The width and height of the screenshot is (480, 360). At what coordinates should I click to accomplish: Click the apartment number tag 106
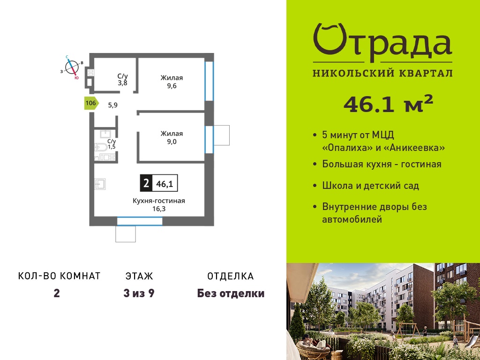91,103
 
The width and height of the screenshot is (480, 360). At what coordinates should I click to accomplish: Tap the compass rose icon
72,67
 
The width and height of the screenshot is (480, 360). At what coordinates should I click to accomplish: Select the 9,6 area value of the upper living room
172,86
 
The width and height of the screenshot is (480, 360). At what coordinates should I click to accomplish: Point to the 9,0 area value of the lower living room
172,142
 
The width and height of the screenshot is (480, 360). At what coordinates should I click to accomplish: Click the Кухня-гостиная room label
159,201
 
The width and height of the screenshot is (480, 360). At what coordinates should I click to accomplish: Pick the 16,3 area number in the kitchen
159,209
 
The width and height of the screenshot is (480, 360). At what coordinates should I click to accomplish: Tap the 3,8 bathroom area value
122,82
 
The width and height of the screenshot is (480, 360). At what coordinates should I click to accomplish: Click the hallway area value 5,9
112,105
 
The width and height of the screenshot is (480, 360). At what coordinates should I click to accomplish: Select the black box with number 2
146,183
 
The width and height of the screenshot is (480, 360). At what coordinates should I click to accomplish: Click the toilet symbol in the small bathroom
101,148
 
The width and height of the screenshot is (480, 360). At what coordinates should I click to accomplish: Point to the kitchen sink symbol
100,184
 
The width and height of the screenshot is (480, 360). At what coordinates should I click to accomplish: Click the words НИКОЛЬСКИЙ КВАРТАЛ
382,73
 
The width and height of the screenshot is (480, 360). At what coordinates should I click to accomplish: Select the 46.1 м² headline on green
388,104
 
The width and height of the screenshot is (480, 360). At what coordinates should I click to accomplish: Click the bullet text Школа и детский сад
370,186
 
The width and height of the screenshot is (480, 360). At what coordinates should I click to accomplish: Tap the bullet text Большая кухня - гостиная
382,164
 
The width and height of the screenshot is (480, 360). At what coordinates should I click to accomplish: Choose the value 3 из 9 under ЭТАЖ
139,293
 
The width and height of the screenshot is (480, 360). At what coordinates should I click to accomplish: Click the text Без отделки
231,293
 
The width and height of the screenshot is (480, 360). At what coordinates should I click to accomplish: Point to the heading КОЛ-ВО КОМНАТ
60,276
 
